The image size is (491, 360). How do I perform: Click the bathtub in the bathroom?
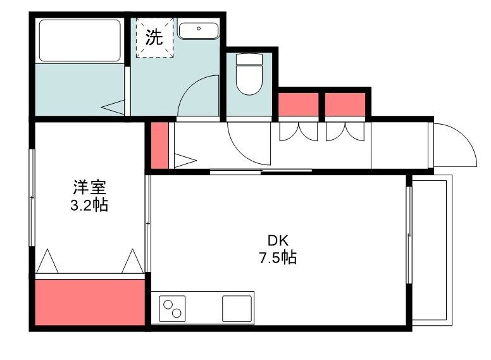click(80, 40)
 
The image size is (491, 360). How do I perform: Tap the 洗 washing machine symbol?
click(154, 37)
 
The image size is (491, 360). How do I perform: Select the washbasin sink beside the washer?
click(198, 30)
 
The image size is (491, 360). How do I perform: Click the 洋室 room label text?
click(89, 187)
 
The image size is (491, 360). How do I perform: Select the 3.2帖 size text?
click(89, 204)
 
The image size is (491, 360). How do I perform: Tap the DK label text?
click(278, 240)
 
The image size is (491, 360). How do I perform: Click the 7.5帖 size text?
click(278, 258)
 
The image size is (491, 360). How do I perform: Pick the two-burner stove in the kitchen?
click(172, 309)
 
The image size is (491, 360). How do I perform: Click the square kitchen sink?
click(237, 308)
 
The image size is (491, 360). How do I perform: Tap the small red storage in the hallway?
click(161, 145)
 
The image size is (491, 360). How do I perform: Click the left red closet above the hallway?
click(299, 104)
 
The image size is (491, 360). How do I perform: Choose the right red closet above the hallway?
click(345, 104)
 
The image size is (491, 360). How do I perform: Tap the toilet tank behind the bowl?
click(249, 59)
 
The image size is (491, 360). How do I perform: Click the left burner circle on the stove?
click(168, 305)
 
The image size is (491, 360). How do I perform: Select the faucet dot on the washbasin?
click(199, 28)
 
